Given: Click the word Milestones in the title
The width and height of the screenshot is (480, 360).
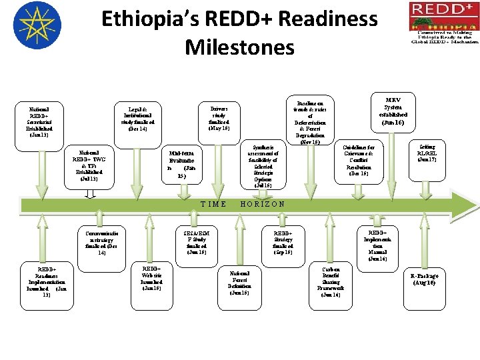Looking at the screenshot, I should pyautogui.click(x=239, y=47).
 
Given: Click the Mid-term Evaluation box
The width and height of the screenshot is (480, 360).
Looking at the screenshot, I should pyautogui.click(x=181, y=165).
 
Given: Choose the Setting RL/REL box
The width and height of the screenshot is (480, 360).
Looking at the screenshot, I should pyautogui.click(x=426, y=156).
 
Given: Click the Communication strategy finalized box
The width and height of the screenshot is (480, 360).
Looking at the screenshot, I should pyautogui.click(x=102, y=243).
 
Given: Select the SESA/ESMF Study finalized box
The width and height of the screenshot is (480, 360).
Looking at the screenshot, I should pyautogui.click(x=197, y=243).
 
